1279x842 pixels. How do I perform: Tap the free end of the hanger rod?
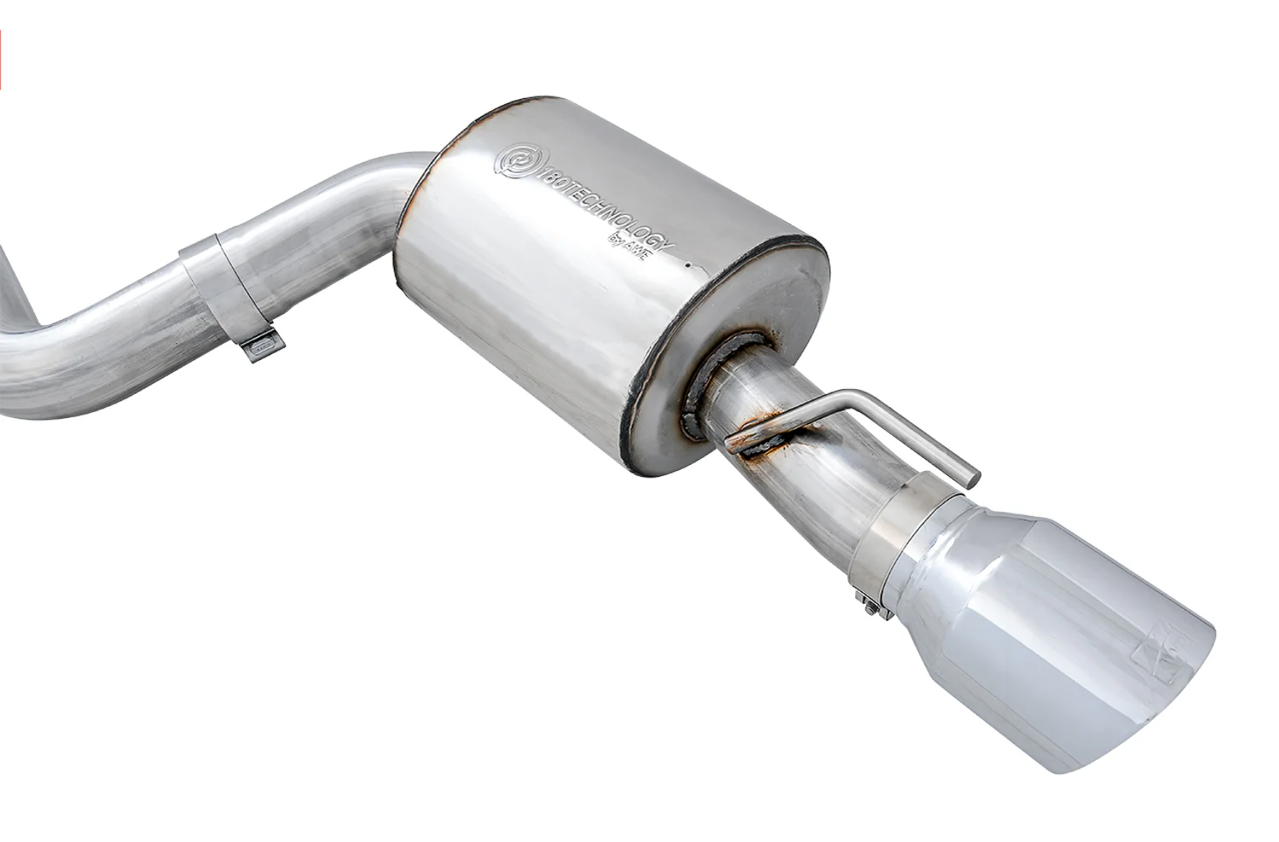[x=972, y=479]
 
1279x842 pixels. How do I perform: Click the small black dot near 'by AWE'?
[x=688, y=265]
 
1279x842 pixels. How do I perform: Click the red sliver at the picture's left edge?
[x=1, y=60]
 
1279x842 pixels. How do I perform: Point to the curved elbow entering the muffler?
[x=375, y=183]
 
